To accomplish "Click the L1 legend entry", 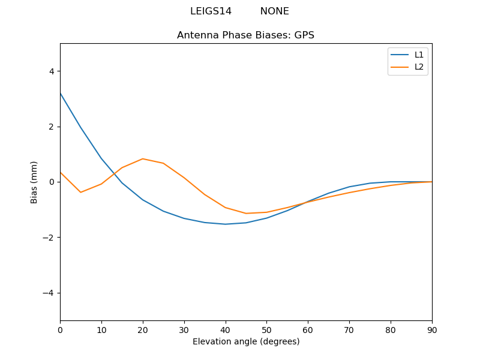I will pyautogui.click(x=419, y=55).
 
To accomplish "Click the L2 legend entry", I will pyautogui.click(x=419, y=67).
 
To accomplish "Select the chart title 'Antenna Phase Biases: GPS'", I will pyautogui.click(x=245, y=35).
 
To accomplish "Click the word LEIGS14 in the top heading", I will pyautogui.click(x=211, y=11).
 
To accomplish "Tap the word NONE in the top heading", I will pyautogui.click(x=274, y=11).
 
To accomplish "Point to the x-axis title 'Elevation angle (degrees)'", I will pyautogui.click(x=246, y=342).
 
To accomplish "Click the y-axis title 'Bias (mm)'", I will pyautogui.click(x=34, y=182).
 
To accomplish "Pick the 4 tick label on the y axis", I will pyautogui.click(x=51, y=71).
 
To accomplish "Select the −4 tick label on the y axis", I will pyautogui.click(x=49, y=293).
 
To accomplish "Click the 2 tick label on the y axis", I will pyautogui.click(x=51, y=127).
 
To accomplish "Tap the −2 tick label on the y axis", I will pyautogui.click(x=49, y=238).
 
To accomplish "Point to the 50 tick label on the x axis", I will pyautogui.click(x=266, y=330).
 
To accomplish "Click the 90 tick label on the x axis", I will pyautogui.click(x=432, y=330).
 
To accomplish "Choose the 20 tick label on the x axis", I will pyautogui.click(x=143, y=330).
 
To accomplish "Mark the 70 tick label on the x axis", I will pyautogui.click(x=349, y=330).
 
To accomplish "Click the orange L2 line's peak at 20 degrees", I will pyautogui.click(x=143, y=159).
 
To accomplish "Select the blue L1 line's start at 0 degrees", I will pyautogui.click(x=61, y=93).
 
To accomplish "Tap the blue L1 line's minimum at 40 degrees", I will pyautogui.click(x=225, y=224).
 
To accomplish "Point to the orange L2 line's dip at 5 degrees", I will pyautogui.click(x=81, y=192).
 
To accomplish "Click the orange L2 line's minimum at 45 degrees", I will pyautogui.click(x=246, y=214).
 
